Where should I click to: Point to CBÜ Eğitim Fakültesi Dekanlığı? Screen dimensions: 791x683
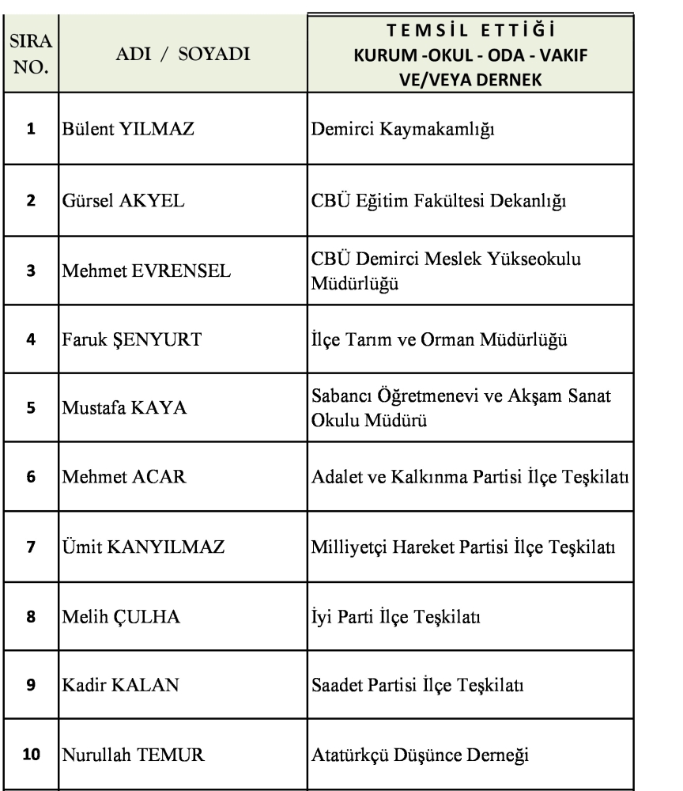point(436,201)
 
